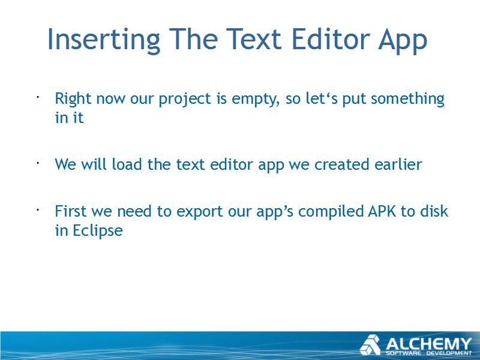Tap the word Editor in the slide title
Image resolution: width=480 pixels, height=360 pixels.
[331, 39]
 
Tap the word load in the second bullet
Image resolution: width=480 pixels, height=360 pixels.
[127, 164]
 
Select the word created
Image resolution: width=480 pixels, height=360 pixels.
[341, 164]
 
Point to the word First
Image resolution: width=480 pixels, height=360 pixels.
[71, 211]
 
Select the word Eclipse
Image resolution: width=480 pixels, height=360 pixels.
[98, 231]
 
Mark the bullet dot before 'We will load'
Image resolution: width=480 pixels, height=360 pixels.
[38, 163]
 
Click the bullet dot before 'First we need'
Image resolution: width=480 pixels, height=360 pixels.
[38, 210]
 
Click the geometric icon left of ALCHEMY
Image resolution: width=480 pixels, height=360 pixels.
[370, 345]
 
